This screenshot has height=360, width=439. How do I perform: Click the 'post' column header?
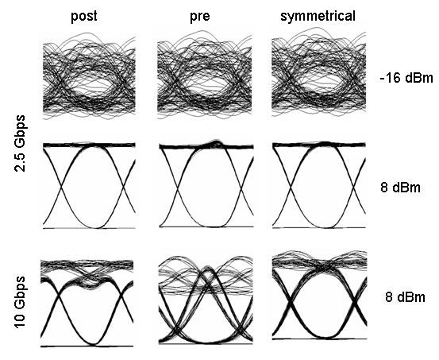(83, 17)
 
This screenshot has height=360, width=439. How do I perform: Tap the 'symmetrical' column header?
(318, 17)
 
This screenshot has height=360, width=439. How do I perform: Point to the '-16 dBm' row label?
(406, 78)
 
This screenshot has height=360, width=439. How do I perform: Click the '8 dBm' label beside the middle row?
(400, 188)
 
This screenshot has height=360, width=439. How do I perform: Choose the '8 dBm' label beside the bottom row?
(405, 297)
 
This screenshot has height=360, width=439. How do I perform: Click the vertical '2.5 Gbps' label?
(20, 143)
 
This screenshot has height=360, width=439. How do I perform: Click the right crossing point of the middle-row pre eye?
(241, 186)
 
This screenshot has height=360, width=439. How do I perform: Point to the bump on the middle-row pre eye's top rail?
(216, 143)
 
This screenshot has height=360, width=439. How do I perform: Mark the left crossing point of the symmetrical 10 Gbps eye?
(290, 304)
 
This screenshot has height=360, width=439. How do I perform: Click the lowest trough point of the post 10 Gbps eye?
(94, 343)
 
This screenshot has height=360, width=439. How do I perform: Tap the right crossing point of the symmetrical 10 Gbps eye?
(354, 303)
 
